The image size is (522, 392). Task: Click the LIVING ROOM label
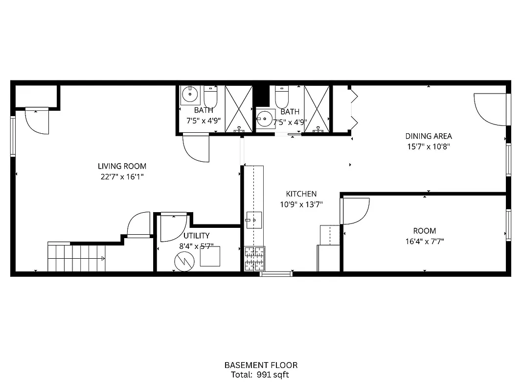click(122, 166)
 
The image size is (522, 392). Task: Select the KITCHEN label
click(301, 194)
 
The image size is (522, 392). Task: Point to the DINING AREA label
click(429, 136)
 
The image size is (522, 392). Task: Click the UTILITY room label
click(197, 236)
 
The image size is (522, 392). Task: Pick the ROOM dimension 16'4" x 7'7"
click(424, 241)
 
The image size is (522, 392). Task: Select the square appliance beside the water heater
click(210, 256)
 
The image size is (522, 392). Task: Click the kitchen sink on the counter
click(254, 220)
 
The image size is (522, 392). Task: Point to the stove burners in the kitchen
click(254, 258)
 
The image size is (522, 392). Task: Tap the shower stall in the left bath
click(239, 108)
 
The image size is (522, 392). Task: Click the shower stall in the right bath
click(317, 108)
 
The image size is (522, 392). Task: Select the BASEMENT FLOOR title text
click(261, 365)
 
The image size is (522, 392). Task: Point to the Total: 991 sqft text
click(261, 375)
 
